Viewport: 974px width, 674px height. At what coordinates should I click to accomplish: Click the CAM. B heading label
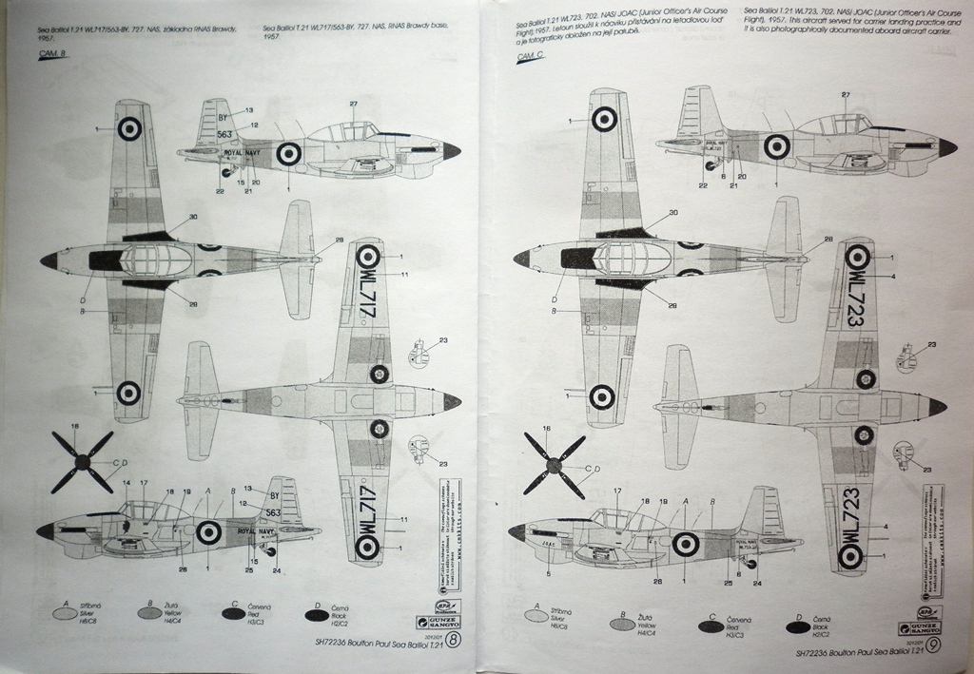coord(52,56)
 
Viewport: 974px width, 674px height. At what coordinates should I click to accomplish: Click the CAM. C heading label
coord(529,57)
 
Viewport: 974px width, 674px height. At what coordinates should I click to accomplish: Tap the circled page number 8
coord(457,641)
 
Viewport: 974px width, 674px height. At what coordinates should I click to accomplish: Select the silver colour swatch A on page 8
coord(65,613)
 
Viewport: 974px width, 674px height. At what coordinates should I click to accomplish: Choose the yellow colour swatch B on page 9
coord(621,625)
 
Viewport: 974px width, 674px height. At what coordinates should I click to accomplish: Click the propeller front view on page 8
coord(83,462)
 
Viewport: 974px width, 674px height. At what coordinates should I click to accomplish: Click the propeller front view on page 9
coord(555,465)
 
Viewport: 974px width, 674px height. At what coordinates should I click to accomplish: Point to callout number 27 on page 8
coord(353,104)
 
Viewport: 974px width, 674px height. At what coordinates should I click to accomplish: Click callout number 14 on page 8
coord(127,484)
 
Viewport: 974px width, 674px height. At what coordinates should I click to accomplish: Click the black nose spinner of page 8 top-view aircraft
coord(49,260)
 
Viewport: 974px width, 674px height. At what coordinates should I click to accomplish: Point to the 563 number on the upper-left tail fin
coord(224,134)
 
